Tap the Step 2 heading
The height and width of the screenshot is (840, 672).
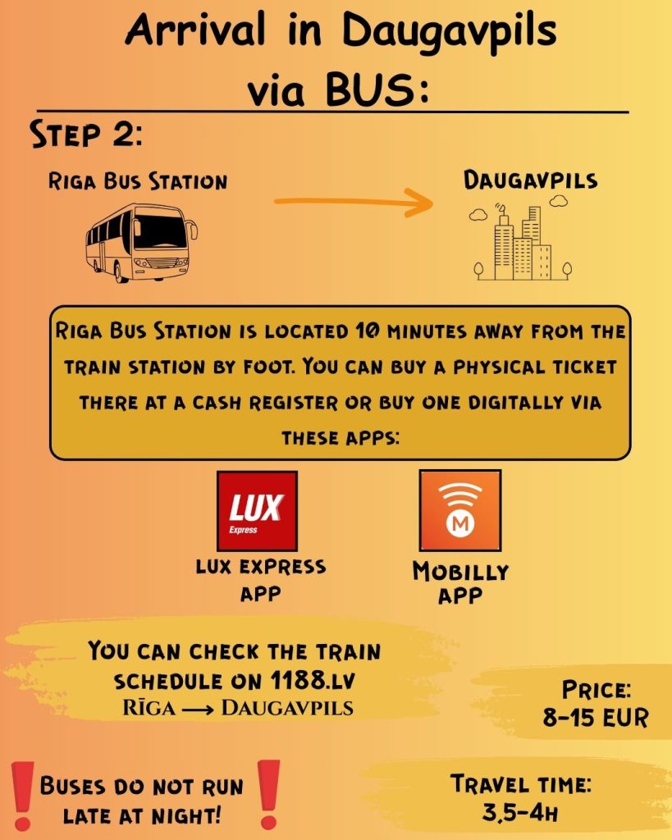86,134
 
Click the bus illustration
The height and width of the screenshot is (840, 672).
141,243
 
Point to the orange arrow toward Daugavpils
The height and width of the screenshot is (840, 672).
354,202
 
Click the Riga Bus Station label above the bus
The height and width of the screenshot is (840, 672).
138,181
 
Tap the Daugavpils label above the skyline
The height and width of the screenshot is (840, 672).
531,180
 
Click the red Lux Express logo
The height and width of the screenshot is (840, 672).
257,511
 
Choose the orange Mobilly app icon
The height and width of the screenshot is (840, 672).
460,510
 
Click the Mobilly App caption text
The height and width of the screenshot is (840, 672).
460,583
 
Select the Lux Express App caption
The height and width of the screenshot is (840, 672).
261,580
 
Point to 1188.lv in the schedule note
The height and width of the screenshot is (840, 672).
313,680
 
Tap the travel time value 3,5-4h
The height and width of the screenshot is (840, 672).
520,813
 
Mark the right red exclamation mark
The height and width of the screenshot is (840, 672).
268,793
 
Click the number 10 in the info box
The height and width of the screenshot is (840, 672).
367,332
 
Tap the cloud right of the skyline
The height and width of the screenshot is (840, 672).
559,201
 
